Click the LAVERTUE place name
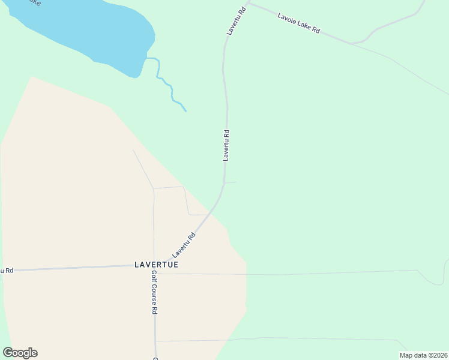point(157,264)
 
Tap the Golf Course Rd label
point(154,292)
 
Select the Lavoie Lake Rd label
point(298,23)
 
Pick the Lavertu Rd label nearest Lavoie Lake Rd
point(237,21)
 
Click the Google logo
point(20,353)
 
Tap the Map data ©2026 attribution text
point(423,355)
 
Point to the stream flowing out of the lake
point(167,84)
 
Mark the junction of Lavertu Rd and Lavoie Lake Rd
point(249,3)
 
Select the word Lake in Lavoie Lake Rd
point(302,24)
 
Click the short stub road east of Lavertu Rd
point(231,182)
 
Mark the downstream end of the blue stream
point(185,111)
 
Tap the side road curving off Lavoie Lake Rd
point(390,24)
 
